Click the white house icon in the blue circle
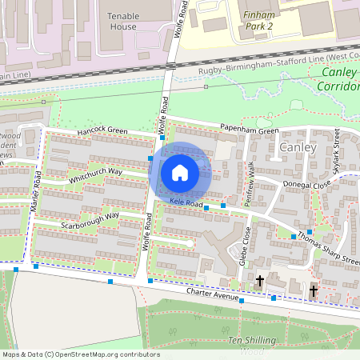[180, 172]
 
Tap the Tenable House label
[124, 20]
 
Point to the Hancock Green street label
[102, 130]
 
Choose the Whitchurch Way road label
[94, 176]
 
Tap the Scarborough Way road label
[90, 220]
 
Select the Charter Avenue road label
[213, 294]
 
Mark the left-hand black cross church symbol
[260, 281]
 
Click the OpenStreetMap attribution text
[81, 354]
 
